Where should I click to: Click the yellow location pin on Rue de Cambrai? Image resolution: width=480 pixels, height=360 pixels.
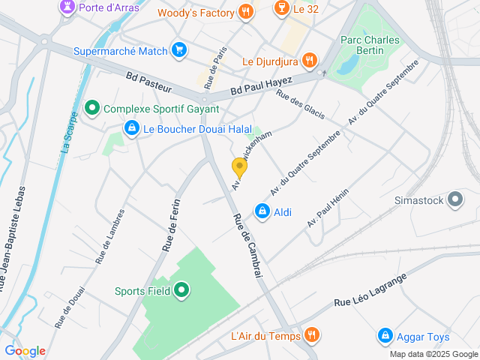(239, 168)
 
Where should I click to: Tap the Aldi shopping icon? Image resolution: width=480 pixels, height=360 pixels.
(262, 212)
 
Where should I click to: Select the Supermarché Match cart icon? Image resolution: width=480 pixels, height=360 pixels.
(178, 51)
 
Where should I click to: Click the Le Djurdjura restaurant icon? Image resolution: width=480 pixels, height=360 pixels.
(310, 61)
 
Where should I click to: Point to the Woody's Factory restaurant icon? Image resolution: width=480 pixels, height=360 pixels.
(244, 12)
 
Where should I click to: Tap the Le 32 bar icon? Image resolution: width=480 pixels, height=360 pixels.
(281, 9)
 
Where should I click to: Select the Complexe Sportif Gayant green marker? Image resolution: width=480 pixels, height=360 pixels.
(92, 109)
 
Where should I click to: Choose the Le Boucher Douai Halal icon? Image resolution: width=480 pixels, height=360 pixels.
(132, 129)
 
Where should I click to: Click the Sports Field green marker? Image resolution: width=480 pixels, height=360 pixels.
(181, 290)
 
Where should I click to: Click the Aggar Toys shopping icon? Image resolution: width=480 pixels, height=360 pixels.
(385, 335)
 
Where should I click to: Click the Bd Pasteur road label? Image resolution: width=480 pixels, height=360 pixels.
(150, 80)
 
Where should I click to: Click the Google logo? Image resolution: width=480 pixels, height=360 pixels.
(25, 351)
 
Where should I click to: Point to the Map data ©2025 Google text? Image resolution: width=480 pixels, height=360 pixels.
(433, 354)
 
